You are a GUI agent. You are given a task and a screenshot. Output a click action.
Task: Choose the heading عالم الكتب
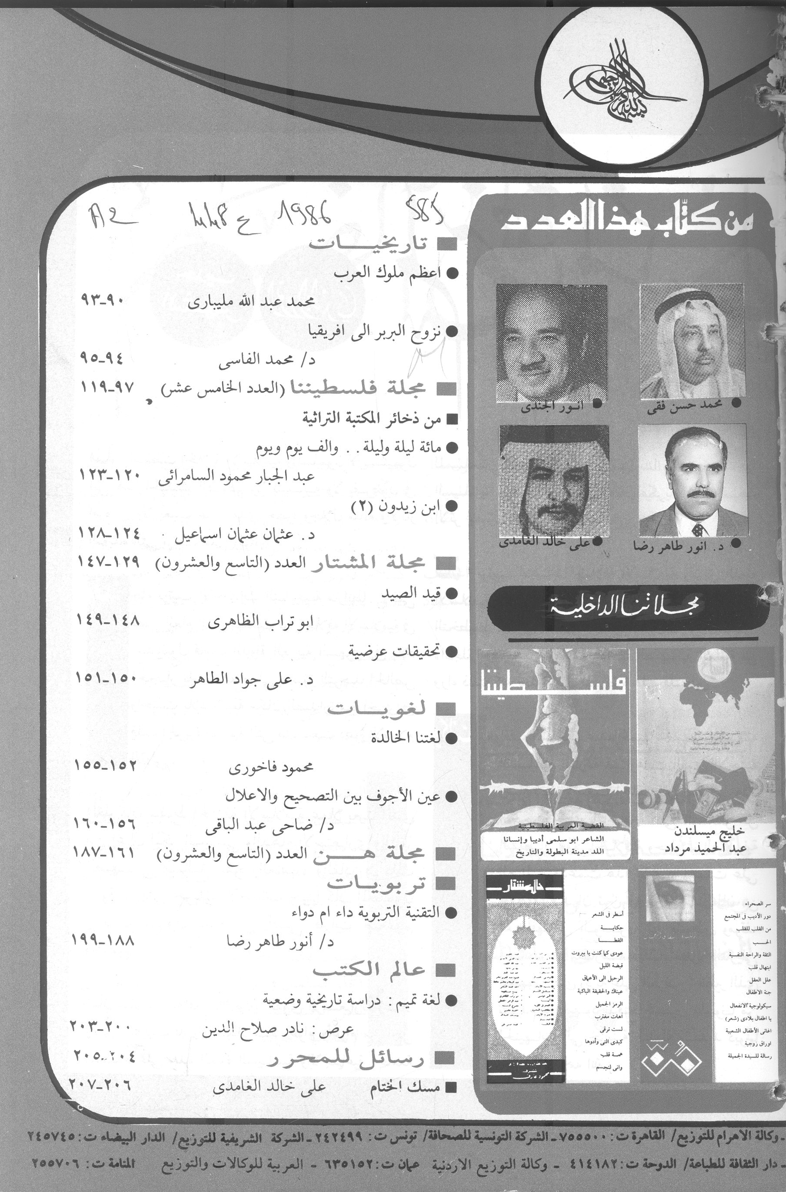click(x=369, y=969)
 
